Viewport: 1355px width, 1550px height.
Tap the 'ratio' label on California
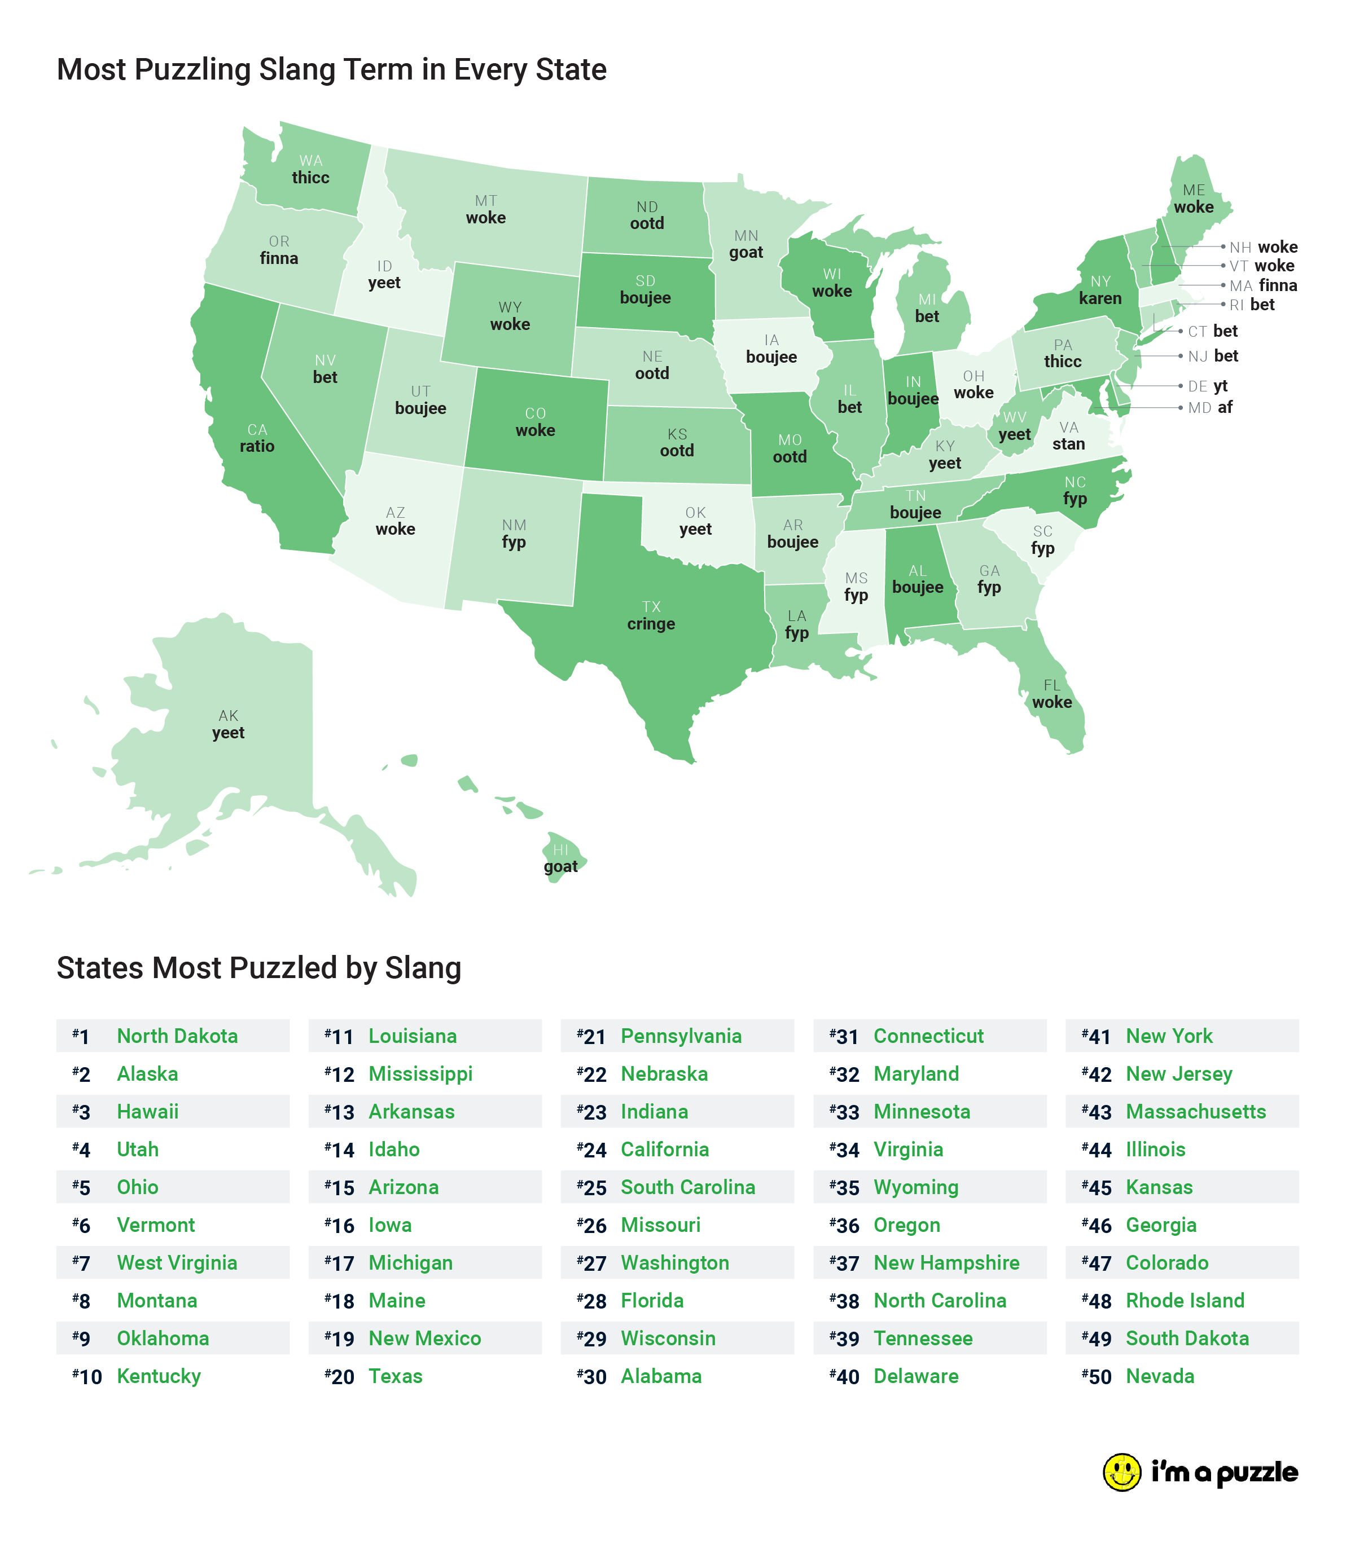257,446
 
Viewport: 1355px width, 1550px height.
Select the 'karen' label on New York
1100,298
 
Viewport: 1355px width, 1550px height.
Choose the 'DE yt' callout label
1208,386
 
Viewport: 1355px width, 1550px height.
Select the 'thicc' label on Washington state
311,178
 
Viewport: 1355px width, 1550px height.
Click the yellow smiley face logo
1121,1472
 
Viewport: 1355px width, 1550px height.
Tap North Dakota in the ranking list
177,1036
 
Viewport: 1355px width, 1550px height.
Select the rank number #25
592,1187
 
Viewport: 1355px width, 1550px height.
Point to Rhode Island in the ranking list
1185,1300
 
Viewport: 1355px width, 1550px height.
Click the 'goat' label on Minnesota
746,253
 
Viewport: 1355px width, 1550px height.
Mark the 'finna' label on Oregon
279,258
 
